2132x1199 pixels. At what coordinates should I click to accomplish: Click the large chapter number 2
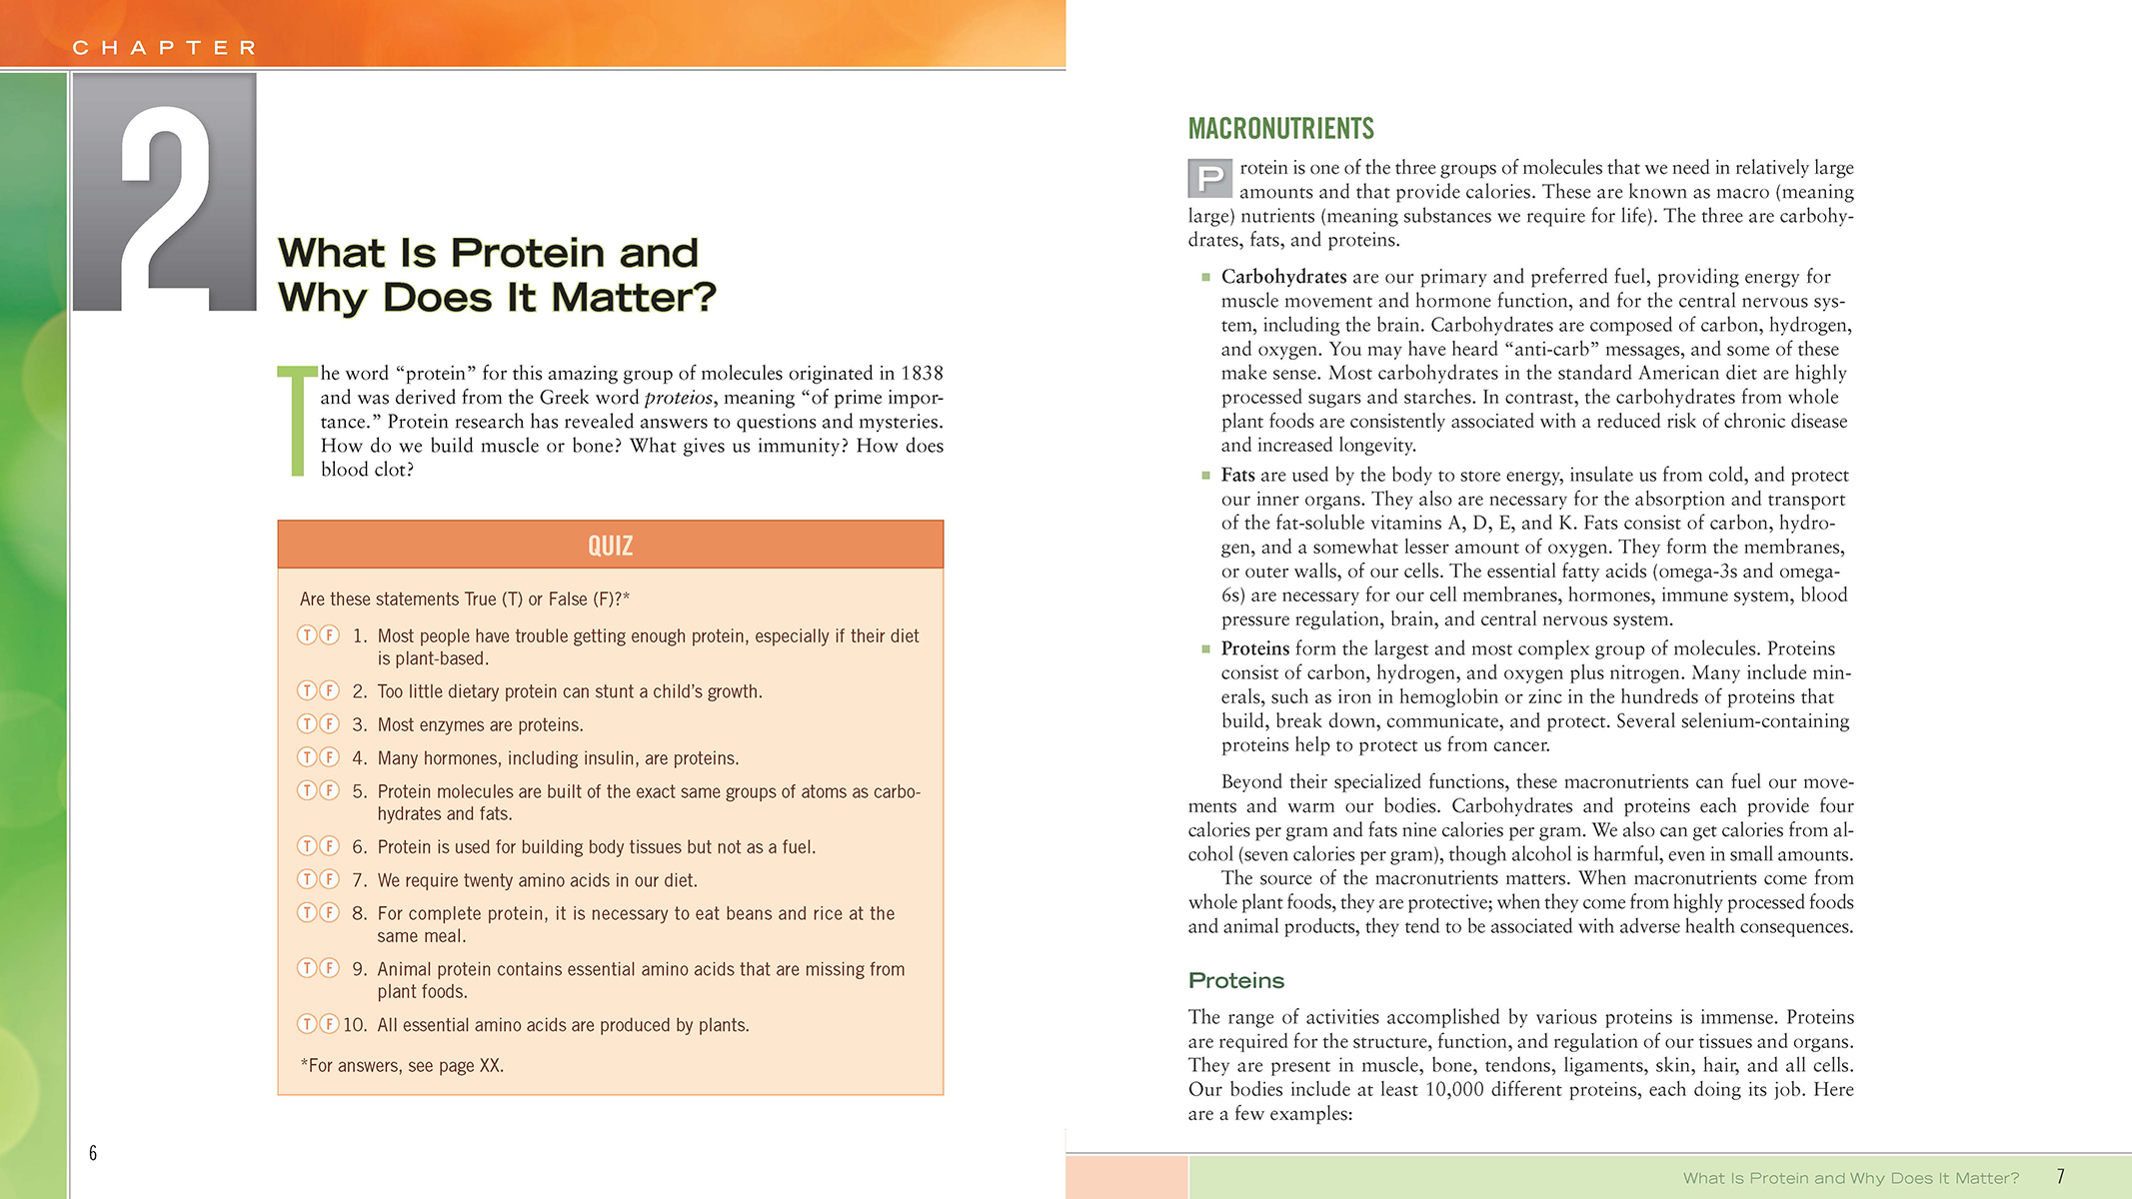coord(167,195)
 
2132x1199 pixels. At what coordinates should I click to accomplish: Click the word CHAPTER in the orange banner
coord(165,48)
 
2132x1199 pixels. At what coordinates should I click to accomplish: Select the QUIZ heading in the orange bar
coord(610,546)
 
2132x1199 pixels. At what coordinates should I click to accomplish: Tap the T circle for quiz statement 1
coord(307,635)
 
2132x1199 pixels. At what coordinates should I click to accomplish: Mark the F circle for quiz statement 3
coord(329,724)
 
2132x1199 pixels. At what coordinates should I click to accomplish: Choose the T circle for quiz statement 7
coord(307,879)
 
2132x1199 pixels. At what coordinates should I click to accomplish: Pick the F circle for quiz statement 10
coord(329,1024)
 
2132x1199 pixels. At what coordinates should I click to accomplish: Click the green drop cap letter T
coord(297,421)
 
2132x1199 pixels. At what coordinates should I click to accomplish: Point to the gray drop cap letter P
coord(1209,179)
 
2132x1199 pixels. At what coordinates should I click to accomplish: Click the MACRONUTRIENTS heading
coord(1280,129)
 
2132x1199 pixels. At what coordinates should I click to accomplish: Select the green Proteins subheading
coord(1235,981)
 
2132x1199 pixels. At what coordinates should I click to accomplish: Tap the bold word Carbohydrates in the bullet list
coord(1283,277)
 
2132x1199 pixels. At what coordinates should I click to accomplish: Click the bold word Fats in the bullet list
coord(1237,476)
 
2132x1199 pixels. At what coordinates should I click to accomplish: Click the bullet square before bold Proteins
coord(1205,649)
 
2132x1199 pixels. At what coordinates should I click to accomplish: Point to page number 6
coord(93,1153)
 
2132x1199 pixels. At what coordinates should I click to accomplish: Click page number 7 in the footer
coord(2060,1177)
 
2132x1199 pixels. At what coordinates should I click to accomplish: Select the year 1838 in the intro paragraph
coord(921,374)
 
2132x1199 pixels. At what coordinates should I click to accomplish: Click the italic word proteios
coord(679,398)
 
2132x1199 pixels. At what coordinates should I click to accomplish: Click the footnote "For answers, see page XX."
coord(402,1066)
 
